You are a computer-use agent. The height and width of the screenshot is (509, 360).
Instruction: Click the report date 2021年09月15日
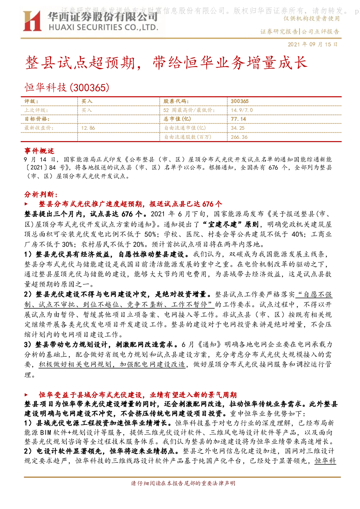click(313, 44)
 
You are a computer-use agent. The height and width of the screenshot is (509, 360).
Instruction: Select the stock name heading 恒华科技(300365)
click(67, 87)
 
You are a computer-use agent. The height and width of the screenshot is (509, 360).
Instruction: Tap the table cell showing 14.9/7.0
click(241, 110)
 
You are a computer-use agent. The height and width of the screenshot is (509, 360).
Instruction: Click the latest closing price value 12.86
click(88, 128)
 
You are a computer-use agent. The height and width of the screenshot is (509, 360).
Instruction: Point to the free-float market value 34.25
click(237, 128)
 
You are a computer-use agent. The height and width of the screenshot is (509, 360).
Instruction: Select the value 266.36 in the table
click(239, 137)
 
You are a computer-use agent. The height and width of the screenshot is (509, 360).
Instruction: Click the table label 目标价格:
click(37, 119)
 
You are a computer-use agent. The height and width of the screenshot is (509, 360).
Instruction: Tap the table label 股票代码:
click(176, 101)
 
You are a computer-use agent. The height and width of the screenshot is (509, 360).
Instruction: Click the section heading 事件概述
click(39, 151)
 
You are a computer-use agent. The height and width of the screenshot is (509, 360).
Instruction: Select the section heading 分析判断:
click(41, 194)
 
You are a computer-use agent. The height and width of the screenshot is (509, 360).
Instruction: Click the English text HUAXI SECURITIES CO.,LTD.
click(103, 28)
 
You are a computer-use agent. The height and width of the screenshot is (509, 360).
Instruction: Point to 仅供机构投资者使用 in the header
click(311, 18)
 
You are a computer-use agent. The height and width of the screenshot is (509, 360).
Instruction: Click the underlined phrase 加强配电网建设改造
click(152, 364)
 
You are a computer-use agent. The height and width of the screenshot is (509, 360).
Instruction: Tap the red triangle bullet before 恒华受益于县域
click(26, 395)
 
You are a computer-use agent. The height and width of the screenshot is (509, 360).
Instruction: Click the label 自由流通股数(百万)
click(188, 137)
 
